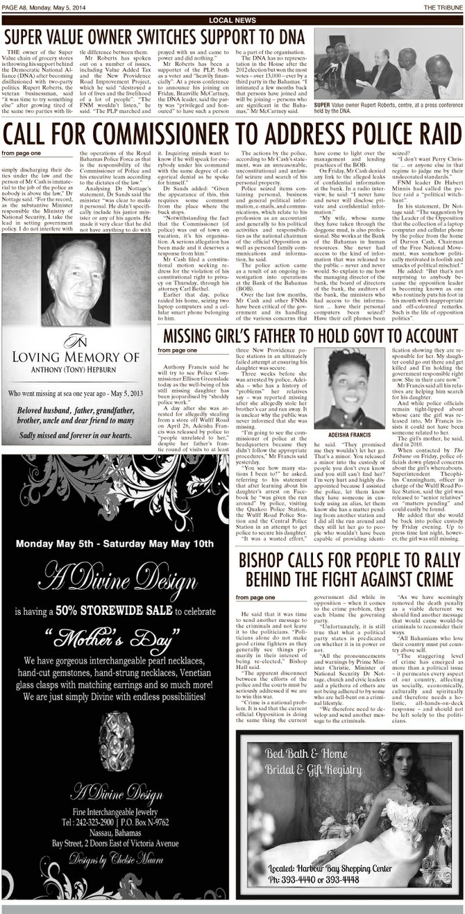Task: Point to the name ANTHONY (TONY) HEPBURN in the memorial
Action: click(80, 369)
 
